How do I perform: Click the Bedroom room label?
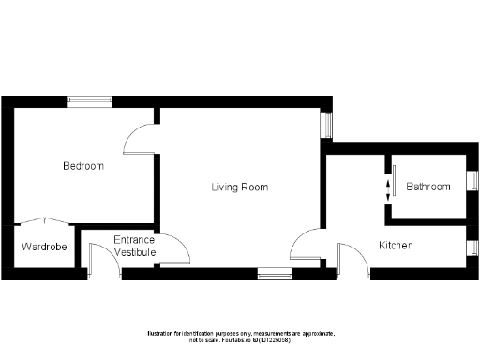tap(83, 166)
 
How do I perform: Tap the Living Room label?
tap(239, 187)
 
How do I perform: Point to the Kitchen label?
tap(396, 246)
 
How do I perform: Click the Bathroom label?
tap(428, 187)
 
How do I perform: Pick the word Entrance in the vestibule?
tap(134, 240)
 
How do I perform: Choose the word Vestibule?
tap(134, 251)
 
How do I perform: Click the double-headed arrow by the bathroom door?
tap(386, 192)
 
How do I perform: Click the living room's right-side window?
tap(326, 126)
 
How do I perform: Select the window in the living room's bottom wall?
tap(273, 274)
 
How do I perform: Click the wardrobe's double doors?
tap(44, 222)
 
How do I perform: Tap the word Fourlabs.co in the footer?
tap(247, 341)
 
